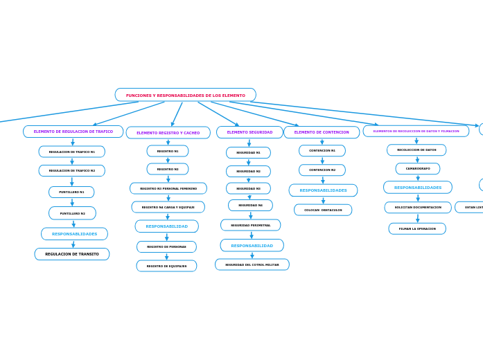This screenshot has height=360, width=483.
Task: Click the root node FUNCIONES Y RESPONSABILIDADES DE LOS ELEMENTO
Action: point(185,95)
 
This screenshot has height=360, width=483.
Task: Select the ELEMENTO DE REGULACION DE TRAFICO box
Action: point(73,132)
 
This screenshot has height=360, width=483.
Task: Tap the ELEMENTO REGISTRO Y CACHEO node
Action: point(168,133)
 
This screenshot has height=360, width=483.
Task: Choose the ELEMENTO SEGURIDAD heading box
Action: point(249,132)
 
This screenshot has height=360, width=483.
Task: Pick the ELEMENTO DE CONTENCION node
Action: point(322,132)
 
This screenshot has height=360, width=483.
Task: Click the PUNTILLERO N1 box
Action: point(71,192)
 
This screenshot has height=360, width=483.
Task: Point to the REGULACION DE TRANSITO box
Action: point(72,254)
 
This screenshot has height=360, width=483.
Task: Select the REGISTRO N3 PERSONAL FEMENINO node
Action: point(168,188)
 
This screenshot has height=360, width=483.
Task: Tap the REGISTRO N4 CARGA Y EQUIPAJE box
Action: point(168,207)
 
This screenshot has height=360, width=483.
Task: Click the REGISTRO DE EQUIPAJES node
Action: point(166,266)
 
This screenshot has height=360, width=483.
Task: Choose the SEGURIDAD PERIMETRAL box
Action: point(251,225)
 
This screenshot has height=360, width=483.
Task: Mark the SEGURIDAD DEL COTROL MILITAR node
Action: point(252,264)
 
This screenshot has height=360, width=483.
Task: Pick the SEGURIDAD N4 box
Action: point(250,206)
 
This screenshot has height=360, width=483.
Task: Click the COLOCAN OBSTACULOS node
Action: point(323,210)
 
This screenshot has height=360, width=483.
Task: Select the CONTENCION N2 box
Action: point(322,170)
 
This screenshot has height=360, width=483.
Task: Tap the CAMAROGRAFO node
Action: point(418,168)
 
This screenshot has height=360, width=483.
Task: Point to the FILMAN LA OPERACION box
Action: point(417,228)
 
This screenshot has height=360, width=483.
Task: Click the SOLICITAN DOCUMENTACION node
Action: point(418,207)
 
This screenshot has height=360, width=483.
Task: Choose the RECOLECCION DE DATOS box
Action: point(416,150)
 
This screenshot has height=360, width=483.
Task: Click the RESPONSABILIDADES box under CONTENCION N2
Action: point(323,190)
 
